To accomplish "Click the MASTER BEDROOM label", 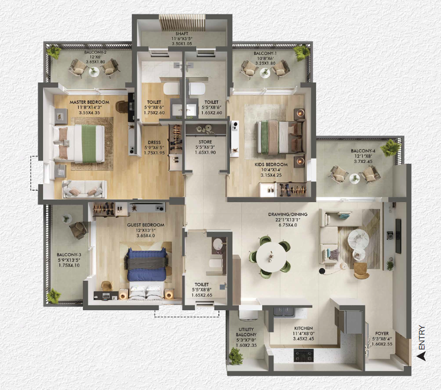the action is (89, 102).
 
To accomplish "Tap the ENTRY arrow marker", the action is (421, 356).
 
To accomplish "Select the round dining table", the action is (271, 257).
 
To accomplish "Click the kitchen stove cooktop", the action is (303, 355).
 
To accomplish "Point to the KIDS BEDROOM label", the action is (271, 164).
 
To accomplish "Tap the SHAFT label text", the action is (182, 34).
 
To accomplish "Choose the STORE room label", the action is (205, 142).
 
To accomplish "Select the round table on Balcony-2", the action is (94, 72).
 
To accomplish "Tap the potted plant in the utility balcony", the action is (236, 356).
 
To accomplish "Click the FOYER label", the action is (382, 334).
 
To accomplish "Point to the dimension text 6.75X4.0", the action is (288, 225).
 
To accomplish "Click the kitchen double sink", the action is (284, 311).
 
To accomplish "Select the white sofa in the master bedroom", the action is (85, 189).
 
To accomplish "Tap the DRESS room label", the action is (154, 143).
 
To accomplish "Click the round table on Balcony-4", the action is (355, 178).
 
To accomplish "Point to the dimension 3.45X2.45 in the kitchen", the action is (303, 339).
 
